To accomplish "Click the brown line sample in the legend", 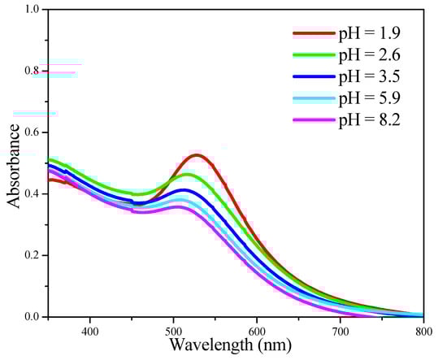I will (x=313, y=33).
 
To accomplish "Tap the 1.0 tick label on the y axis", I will (x=30, y=10).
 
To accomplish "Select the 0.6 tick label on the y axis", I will (x=30, y=132).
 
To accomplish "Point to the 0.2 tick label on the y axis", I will (x=30, y=255).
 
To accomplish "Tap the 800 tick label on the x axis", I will (x=422, y=330).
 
